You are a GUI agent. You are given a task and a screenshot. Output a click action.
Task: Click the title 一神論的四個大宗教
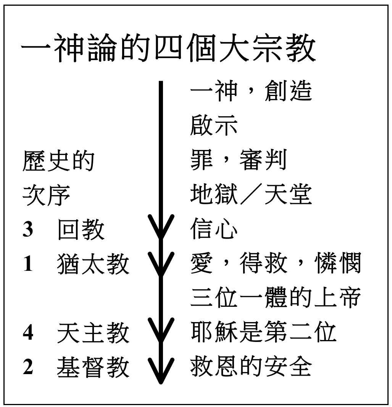point(168,49)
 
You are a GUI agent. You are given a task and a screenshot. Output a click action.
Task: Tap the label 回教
point(81,230)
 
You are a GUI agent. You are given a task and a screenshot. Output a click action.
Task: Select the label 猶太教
point(93,264)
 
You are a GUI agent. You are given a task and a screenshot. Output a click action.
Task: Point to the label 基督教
point(93,367)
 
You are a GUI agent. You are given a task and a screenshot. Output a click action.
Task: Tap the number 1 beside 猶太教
point(28,264)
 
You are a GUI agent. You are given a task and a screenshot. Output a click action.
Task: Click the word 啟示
point(214,125)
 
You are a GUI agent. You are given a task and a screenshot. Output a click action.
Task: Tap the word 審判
point(263,160)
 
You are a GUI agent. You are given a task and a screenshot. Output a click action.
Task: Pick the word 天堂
point(288,194)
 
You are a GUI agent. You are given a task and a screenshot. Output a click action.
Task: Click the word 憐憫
point(337,263)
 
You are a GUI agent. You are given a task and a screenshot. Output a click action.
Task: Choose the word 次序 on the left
point(46,195)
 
